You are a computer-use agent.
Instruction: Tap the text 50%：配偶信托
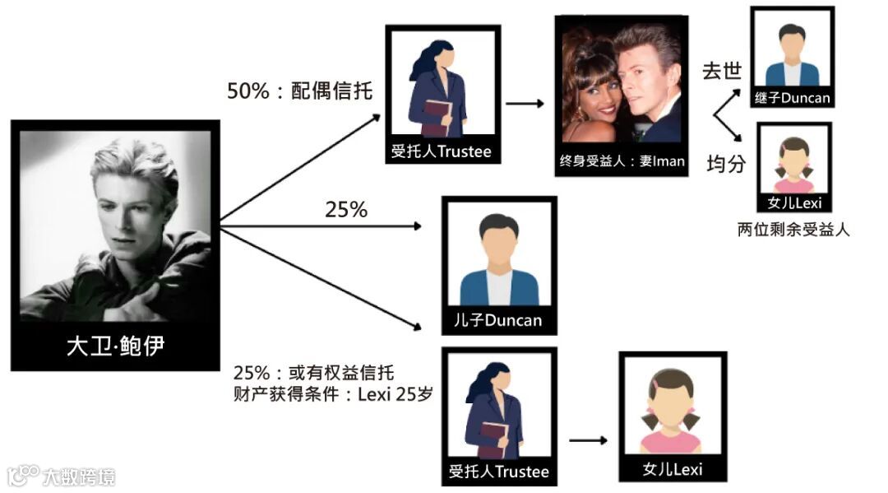pyautogui.click(x=300, y=91)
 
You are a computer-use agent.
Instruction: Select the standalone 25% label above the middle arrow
pyautogui.click(x=346, y=211)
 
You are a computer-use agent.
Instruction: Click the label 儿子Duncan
pyautogui.click(x=498, y=319)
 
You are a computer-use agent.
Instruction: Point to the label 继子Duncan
pyautogui.click(x=793, y=98)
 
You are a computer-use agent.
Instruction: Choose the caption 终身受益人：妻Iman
pyautogui.click(x=622, y=161)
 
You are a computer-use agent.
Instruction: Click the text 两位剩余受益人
pyautogui.click(x=793, y=230)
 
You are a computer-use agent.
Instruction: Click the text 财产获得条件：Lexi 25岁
pyautogui.click(x=333, y=394)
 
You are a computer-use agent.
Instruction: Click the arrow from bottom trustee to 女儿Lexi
pyautogui.click(x=588, y=440)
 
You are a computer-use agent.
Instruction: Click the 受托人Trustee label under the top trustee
pyautogui.click(x=443, y=151)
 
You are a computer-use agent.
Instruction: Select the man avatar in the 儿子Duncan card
pyautogui.click(x=498, y=259)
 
